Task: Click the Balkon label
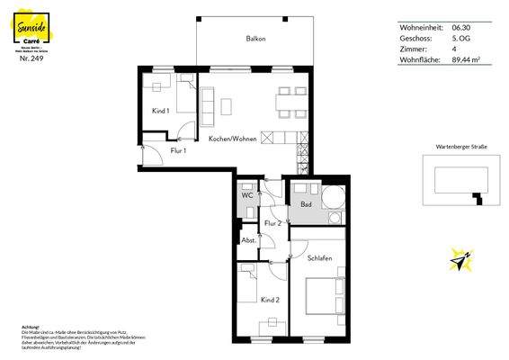click(257, 40)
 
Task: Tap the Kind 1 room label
click(160, 112)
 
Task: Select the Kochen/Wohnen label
click(232, 139)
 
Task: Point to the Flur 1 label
click(178, 151)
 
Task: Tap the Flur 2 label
click(273, 223)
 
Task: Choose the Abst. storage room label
click(248, 240)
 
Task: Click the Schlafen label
click(319, 258)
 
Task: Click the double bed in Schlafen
click(324, 297)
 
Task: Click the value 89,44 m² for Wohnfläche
click(466, 59)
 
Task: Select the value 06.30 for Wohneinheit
click(460, 27)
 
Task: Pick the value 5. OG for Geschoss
click(460, 38)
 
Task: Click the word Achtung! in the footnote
click(30, 327)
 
